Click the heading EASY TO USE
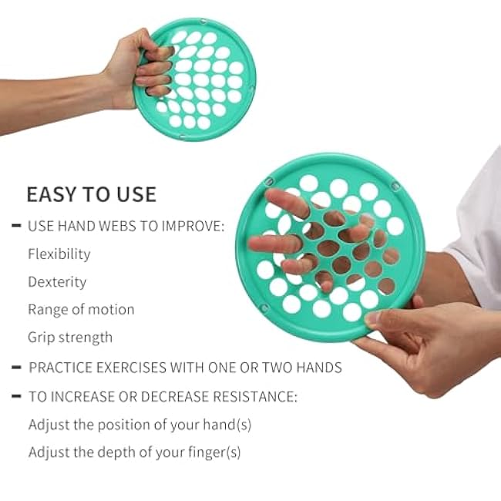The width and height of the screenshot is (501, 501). click(91, 193)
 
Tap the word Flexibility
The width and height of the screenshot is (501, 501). click(59, 254)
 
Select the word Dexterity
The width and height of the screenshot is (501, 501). click(57, 282)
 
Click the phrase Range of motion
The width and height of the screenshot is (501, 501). click(81, 310)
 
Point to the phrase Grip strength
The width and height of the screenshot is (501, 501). click(70, 338)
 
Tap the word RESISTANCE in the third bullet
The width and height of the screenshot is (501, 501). click(255, 397)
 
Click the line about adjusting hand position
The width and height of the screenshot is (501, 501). click(140, 425)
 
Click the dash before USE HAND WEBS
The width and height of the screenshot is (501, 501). click(16, 226)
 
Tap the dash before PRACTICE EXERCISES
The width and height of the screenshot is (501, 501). click(16, 368)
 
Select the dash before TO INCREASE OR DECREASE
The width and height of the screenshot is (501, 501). click(16, 397)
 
